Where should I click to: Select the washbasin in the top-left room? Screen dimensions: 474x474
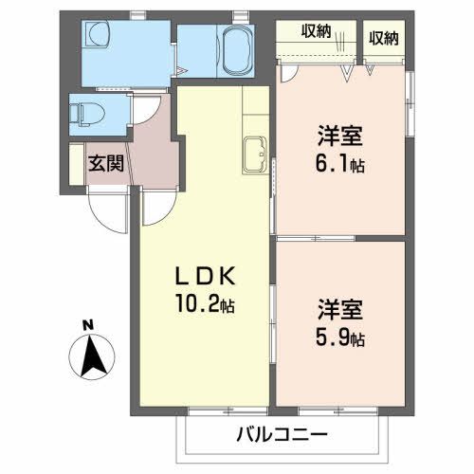coord(98,39)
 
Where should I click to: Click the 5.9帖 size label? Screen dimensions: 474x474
coord(337,337)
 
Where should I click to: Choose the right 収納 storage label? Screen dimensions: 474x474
coord(384,38)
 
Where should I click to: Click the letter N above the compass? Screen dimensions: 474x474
coord(87,327)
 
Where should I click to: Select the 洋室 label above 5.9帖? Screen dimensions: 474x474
coord(337,310)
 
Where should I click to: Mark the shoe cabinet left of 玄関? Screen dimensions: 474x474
coord(76,163)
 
